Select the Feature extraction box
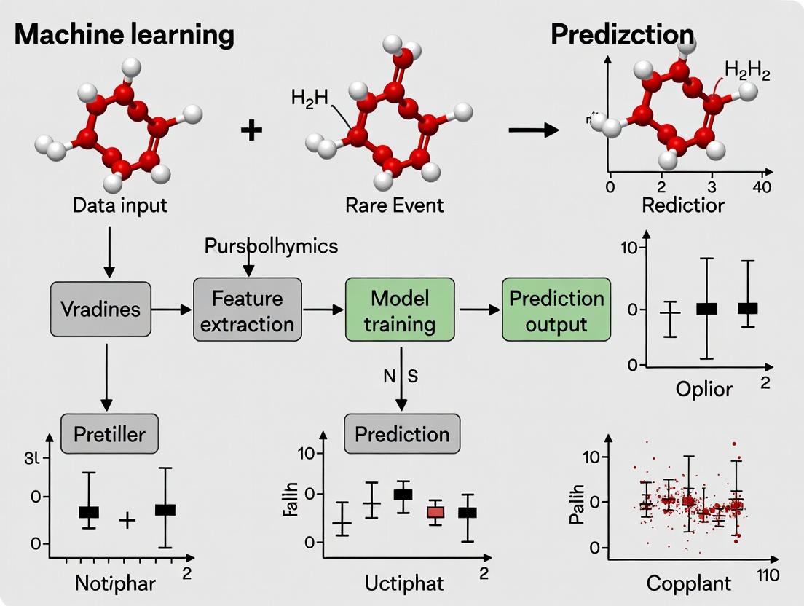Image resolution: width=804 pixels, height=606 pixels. pos(248,310)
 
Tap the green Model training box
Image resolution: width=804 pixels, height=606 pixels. pos(400,310)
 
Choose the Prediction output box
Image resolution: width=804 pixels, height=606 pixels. pos(556,310)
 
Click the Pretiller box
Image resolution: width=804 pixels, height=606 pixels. pos(109,434)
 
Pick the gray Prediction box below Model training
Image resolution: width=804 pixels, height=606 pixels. pos(402,434)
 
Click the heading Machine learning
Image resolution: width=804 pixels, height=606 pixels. pos(125,34)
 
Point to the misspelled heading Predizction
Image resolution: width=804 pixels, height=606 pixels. pos(622,34)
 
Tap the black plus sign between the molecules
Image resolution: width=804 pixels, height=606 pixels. pos(251,131)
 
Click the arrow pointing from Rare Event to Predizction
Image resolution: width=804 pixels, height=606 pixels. pos(533,130)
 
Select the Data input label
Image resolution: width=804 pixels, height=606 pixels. pos(119,205)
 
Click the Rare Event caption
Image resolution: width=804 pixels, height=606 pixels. pos(394,205)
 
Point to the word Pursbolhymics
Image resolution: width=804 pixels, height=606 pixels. pos(271,245)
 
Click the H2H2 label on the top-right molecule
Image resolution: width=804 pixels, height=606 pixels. pos(746,71)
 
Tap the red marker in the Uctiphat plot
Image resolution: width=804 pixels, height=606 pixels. pos(435,512)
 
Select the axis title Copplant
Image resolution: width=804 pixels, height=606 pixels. pos(689,583)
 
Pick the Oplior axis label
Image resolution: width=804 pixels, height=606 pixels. pos(703,389)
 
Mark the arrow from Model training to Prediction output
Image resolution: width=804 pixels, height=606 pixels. pos(478,310)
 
